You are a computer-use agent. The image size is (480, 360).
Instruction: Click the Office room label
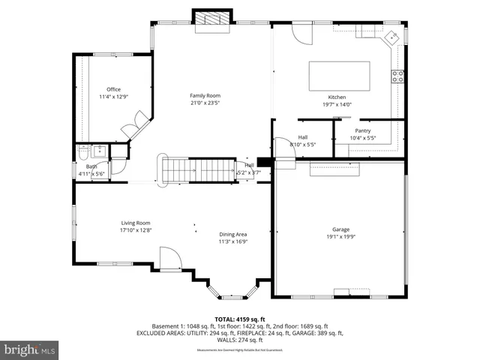(x=113, y=89)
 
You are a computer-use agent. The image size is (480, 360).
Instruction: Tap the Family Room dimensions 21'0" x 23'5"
(x=204, y=103)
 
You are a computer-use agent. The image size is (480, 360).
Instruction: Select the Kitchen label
(x=337, y=97)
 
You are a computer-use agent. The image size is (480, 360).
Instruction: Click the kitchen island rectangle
(x=339, y=76)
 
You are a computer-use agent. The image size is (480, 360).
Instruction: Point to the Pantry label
(x=363, y=130)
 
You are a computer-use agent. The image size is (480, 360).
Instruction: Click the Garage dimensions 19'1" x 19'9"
(x=341, y=236)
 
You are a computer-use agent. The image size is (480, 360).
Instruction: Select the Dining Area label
(x=232, y=234)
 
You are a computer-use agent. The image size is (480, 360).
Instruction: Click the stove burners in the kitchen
(x=399, y=75)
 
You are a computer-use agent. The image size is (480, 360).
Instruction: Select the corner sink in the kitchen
(x=391, y=37)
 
